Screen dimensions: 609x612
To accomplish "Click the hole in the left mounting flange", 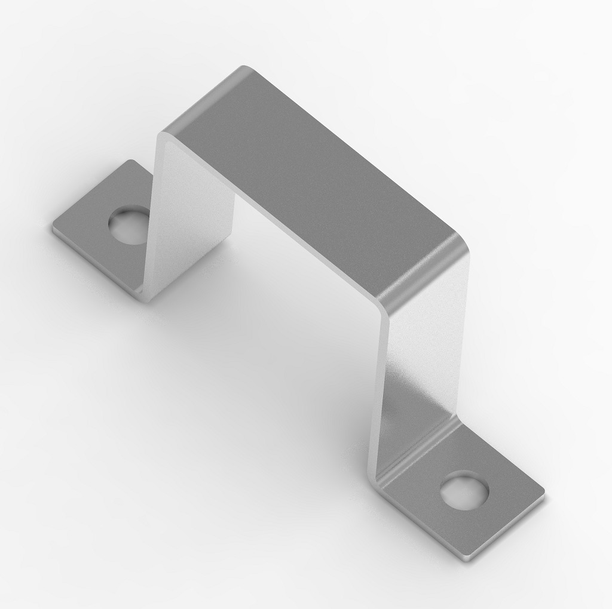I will tap(127, 225).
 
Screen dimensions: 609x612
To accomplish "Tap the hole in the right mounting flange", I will tap(464, 490).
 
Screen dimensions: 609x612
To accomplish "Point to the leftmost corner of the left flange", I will tap(53, 227).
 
